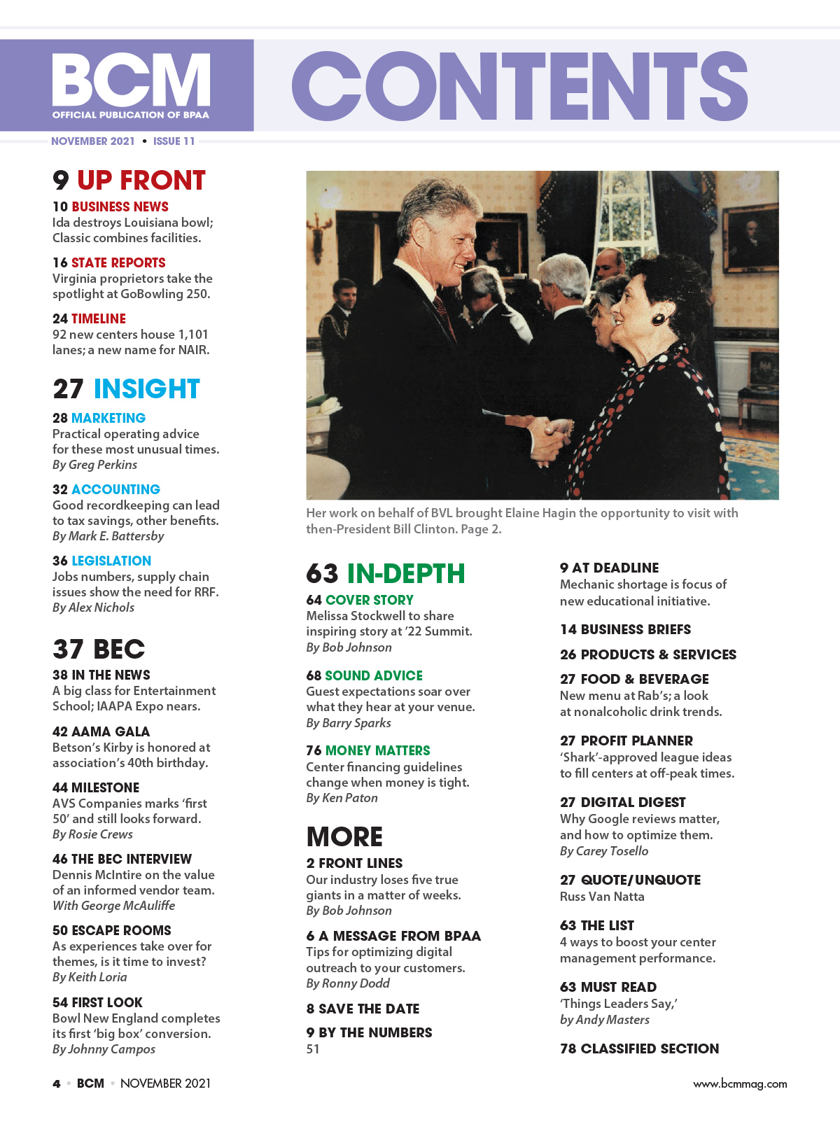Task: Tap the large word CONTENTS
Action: [x=519, y=86]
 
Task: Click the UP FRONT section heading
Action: [x=141, y=181]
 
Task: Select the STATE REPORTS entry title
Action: [x=118, y=262]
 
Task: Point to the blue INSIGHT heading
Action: [x=146, y=388]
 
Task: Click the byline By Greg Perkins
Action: [x=94, y=465]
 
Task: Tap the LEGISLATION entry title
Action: [x=111, y=561]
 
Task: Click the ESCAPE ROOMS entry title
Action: [x=121, y=930]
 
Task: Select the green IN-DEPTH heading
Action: [x=405, y=574]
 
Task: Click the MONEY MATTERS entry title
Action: [x=377, y=750]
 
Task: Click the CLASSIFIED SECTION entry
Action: [x=649, y=1049]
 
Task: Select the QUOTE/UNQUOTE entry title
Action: [x=640, y=880]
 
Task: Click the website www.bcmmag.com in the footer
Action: [x=740, y=1084]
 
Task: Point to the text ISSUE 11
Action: [x=174, y=141]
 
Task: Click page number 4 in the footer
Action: [x=57, y=1084]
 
